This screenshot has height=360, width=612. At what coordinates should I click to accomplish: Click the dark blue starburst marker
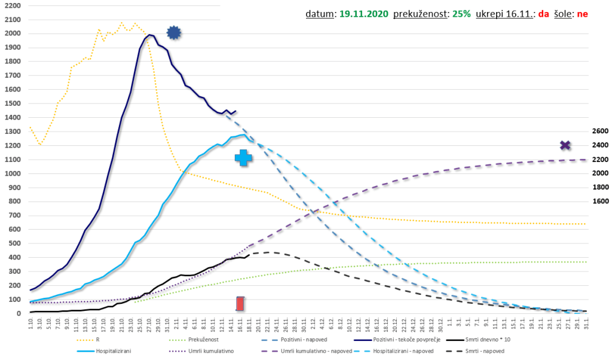(x=173, y=33)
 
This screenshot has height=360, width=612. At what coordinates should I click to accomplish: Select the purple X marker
(x=565, y=145)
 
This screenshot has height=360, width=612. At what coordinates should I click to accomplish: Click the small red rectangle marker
(x=240, y=303)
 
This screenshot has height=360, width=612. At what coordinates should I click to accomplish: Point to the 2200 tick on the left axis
(x=12, y=5)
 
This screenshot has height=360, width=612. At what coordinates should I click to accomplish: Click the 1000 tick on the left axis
(x=12, y=173)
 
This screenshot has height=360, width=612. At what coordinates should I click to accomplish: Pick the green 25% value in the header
(x=461, y=13)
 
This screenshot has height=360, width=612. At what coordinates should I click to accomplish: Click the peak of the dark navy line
(x=150, y=35)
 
